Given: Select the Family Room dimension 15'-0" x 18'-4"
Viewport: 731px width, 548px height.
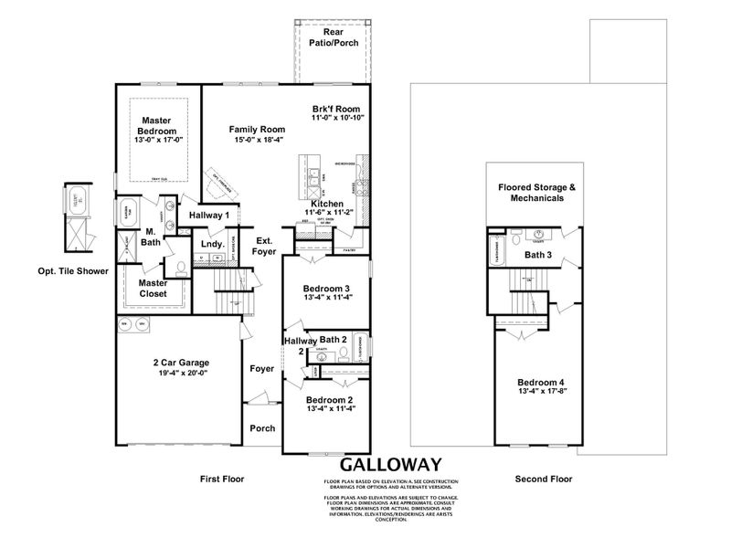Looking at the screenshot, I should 257,140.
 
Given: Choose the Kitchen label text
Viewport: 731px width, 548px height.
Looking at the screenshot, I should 326,204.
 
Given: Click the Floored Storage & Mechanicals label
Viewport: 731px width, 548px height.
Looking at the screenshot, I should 537,192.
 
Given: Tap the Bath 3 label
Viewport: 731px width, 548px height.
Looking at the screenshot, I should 537,255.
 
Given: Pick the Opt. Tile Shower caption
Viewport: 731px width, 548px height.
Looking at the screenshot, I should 73,270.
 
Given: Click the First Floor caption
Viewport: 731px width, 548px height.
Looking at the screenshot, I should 222,479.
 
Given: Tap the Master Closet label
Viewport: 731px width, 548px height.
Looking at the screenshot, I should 153,289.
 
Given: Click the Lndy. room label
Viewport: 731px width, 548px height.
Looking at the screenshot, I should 213,244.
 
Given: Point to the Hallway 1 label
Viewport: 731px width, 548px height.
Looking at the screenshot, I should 209,215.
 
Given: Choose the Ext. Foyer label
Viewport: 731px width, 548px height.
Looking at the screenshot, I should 265,246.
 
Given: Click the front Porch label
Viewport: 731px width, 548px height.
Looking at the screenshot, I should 262,427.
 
